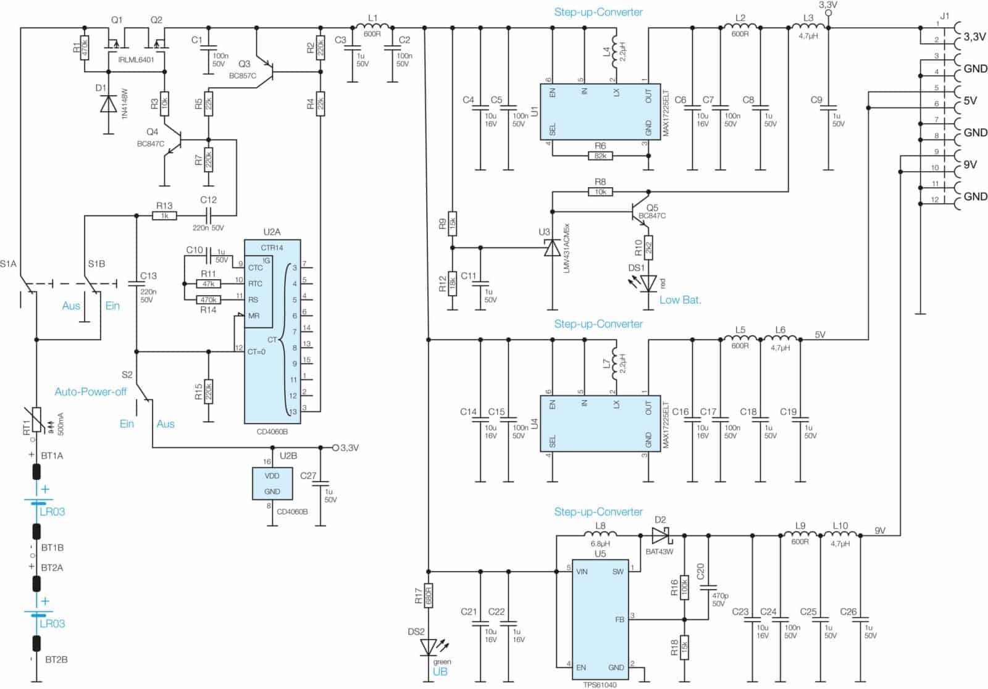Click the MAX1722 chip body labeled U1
point(600,112)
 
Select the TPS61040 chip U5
point(600,620)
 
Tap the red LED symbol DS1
point(648,283)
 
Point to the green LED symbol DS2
point(429,648)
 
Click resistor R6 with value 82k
point(600,156)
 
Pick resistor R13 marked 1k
point(164,215)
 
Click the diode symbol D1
point(109,104)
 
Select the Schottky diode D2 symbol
point(660,535)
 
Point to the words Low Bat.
point(680,300)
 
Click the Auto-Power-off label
point(90,391)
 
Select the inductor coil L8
point(600,533)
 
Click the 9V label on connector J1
point(970,164)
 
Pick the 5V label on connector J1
point(970,101)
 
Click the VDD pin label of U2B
point(272,476)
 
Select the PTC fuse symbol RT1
point(36,419)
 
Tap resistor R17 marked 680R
point(429,596)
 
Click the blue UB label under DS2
point(440,672)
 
